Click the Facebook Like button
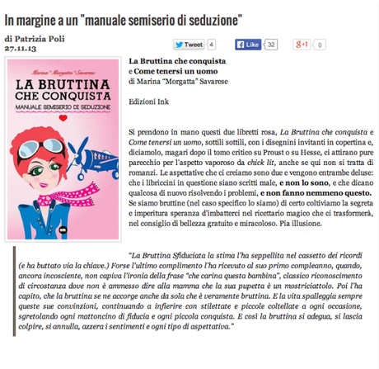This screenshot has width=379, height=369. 249,45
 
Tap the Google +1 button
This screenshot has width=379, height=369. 302,45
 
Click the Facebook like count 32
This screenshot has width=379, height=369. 272,45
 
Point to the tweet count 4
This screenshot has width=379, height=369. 211,45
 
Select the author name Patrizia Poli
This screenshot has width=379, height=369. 35,39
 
